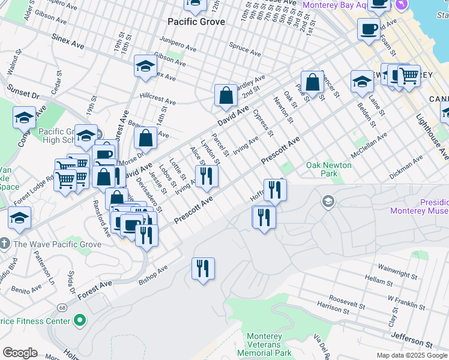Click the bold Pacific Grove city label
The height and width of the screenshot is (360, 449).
pyautogui.click(x=196, y=22)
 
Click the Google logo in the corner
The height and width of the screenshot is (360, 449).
pyautogui.click(x=20, y=353)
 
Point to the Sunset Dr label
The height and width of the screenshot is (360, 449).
pyautogui.click(x=23, y=92)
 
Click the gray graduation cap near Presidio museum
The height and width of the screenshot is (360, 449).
pyautogui.click(x=328, y=202)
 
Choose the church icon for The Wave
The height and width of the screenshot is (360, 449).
pyautogui.click(x=5, y=244)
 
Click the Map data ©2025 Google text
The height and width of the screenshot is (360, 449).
pyautogui.click(x=411, y=355)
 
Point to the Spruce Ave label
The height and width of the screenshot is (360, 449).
pyautogui.click(x=244, y=49)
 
